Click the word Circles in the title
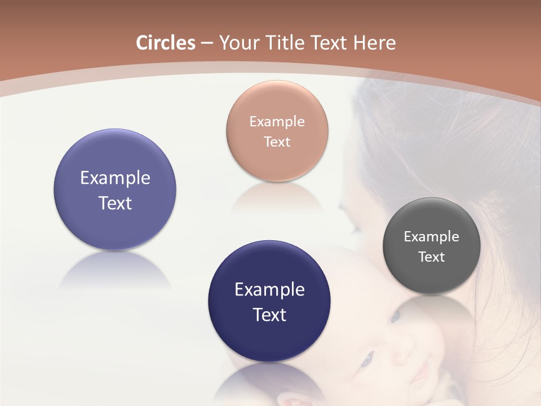(166, 43)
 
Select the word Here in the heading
(374, 43)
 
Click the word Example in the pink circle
(277, 121)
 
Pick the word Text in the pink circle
(277, 142)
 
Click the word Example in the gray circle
(431, 236)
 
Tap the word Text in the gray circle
(431, 257)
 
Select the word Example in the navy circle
(269, 289)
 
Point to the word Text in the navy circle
(269, 315)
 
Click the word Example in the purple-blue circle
(115, 178)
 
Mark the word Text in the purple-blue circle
(115, 203)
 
